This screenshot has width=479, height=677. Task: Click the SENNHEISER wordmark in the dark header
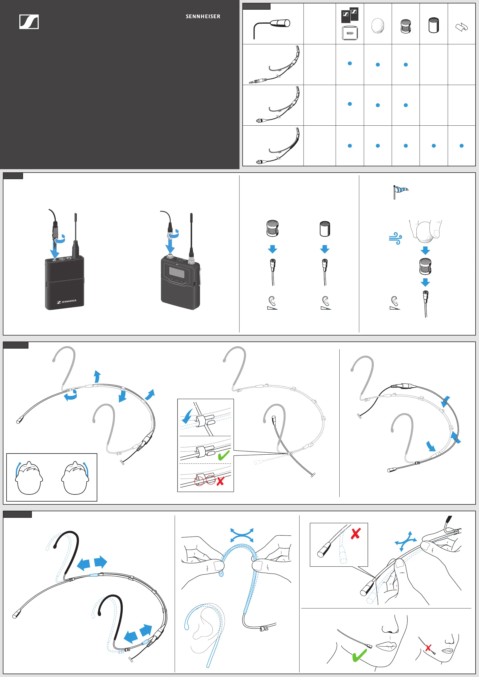click(x=203, y=16)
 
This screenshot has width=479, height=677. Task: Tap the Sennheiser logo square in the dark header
click(x=29, y=22)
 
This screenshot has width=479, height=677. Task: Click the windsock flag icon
click(x=401, y=192)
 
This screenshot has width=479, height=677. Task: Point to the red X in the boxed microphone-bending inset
click(x=356, y=533)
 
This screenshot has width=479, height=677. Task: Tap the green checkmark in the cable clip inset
click(x=224, y=455)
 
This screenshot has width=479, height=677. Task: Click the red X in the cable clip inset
click(x=220, y=481)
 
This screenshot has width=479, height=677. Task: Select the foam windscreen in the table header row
click(x=377, y=26)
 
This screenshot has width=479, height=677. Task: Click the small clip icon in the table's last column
click(x=462, y=27)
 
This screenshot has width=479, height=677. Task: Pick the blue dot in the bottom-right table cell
click(x=462, y=146)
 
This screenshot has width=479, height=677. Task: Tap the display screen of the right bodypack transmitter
click(x=177, y=272)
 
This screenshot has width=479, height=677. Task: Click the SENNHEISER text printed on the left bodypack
click(x=67, y=302)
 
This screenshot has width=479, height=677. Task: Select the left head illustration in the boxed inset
click(x=29, y=478)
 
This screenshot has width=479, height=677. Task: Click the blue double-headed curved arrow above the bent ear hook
click(x=242, y=535)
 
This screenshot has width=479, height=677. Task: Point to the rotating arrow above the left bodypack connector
click(x=61, y=239)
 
